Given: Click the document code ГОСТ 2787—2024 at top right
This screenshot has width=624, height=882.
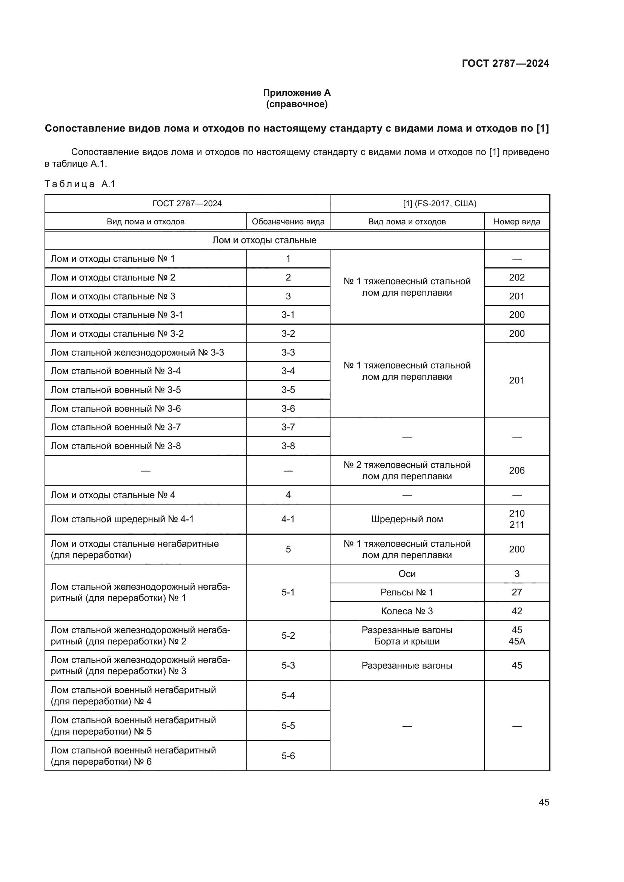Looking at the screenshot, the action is point(505,63).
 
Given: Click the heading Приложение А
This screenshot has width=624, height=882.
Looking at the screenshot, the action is point(297,93).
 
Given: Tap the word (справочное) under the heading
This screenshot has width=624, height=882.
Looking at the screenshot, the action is point(297,104).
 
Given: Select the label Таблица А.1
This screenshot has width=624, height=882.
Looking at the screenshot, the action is point(80,184).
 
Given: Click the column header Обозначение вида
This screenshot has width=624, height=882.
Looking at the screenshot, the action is point(288,222).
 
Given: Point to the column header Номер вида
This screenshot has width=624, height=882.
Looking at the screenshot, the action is point(516,222).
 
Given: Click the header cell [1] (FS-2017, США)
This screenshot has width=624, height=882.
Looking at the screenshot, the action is point(440,204).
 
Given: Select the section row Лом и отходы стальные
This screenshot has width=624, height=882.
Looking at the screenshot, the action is point(264,241).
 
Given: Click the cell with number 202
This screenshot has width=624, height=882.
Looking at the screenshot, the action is point(516,278).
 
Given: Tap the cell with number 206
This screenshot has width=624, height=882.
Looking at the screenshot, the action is point(516,471).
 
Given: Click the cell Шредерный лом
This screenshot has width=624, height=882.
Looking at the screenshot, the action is point(407,519).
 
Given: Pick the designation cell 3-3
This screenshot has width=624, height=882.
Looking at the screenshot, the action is point(288,352).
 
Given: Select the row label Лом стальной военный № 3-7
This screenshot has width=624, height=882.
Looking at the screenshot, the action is point(116,427).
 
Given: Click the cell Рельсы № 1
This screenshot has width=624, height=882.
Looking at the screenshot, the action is point(407,592).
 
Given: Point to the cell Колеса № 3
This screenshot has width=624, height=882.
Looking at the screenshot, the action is point(407,611).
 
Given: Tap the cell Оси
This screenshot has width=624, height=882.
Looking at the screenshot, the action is point(407,574).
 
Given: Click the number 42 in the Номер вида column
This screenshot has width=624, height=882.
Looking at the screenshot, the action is point(516,611).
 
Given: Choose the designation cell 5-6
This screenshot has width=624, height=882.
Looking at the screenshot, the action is point(288,756).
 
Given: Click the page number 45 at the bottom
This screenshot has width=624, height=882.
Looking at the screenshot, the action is point(544,802).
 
